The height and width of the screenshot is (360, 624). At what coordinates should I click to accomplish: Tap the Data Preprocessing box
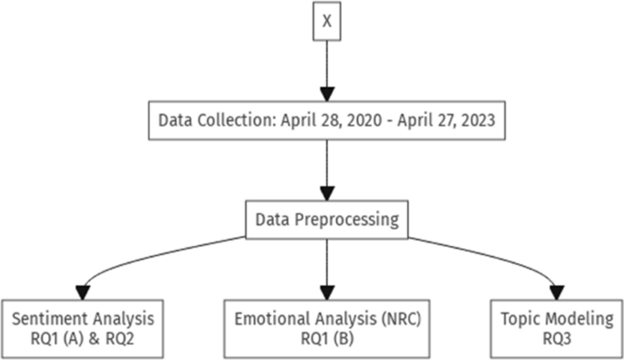(326, 221)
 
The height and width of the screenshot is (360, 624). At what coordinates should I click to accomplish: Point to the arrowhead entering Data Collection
(326, 95)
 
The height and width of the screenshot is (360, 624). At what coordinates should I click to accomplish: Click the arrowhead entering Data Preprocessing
(326, 194)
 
